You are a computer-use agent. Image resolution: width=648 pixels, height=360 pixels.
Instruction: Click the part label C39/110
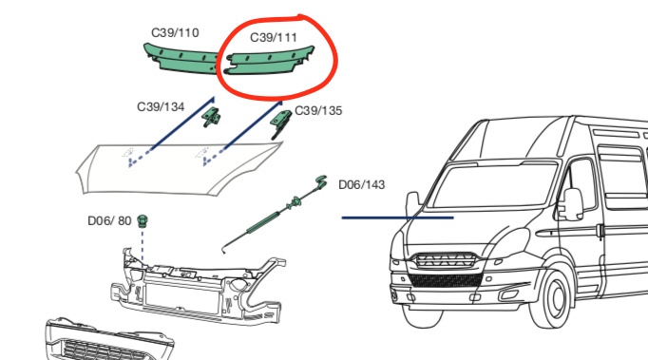pyautogui.click(x=175, y=32)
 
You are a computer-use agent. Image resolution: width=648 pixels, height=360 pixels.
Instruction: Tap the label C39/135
pyautogui.click(x=318, y=111)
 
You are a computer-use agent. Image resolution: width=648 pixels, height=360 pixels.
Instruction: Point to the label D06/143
pyautogui.click(x=361, y=183)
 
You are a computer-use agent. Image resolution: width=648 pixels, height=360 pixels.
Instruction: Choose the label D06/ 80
pyautogui.click(x=109, y=220)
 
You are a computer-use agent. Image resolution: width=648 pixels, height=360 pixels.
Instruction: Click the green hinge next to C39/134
pyautogui.click(x=214, y=117)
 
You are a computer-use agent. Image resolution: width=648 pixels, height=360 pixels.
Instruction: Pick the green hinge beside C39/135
pyautogui.click(x=283, y=120)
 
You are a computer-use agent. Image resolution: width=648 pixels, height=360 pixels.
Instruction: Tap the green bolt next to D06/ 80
pyautogui.click(x=143, y=220)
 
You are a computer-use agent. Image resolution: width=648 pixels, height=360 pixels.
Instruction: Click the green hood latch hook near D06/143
pyautogui.click(x=320, y=182)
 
